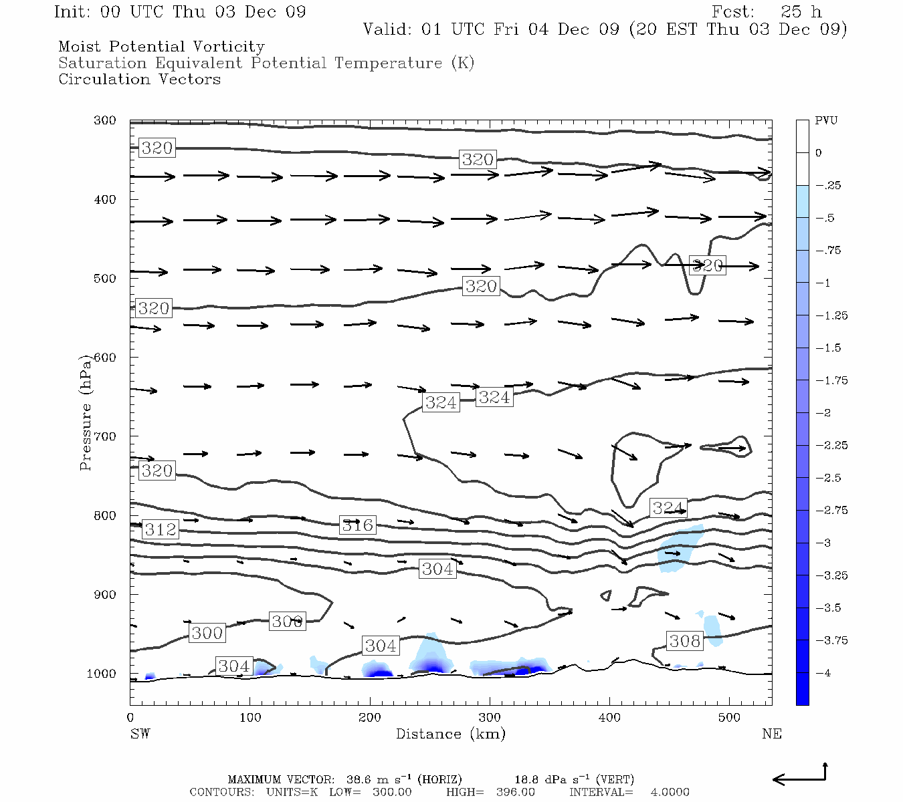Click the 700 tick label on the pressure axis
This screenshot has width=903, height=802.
pyautogui.click(x=105, y=436)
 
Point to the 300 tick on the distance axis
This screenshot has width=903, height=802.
pyautogui.click(x=490, y=717)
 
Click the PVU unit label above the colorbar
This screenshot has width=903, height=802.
pyautogui.click(x=826, y=121)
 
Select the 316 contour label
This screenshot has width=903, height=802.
pyautogui.click(x=358, y=525)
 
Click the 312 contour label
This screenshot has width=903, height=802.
pyautogui.click(x=161, y=529)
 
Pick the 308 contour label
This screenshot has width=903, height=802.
pyautogui.click(x=685, y=641)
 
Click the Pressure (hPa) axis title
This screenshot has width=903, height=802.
pyautogui.click(x=86, y=413)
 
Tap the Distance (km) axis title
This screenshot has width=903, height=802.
pyautogui.click(x=450, y=734)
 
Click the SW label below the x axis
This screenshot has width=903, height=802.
pyautogui.click(x=140, y=734)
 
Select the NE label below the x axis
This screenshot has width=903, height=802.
pyautogui.click(x=771, y=734)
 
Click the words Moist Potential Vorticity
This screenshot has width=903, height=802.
pyautogui.click(x=161, y=47)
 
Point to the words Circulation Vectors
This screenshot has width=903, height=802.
pyautogui.click(x=139, y=80)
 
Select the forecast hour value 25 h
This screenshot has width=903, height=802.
pyautogui.click(x=801, y=12)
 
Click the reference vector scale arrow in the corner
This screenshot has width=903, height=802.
pyautogui.click(x=801, y=777)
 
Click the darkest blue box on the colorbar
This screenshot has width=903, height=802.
pyautogui.click(x=802, y=688)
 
